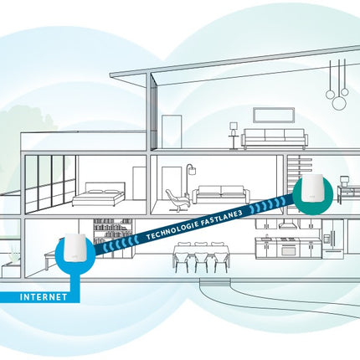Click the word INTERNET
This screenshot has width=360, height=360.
(44, 297)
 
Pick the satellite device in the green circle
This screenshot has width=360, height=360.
(312, 188)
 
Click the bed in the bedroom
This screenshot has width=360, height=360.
(98, 194)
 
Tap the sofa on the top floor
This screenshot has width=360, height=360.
(275, 139)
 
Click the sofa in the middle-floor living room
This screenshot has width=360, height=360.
(221, 195)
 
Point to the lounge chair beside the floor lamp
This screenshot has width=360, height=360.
(177, 201)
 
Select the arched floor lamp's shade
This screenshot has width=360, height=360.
(192, 170)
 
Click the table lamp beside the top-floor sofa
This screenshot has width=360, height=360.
(233, 135)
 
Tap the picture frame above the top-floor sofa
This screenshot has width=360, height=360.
(274, 115)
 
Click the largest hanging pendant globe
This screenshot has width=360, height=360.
(339, 102)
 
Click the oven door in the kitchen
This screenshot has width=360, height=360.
(288, 249)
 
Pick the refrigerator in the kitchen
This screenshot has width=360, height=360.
(333, 239)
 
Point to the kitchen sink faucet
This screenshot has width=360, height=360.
(266, 236)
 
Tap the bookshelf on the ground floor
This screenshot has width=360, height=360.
(112, 238)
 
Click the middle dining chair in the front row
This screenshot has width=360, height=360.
(202, 262)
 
